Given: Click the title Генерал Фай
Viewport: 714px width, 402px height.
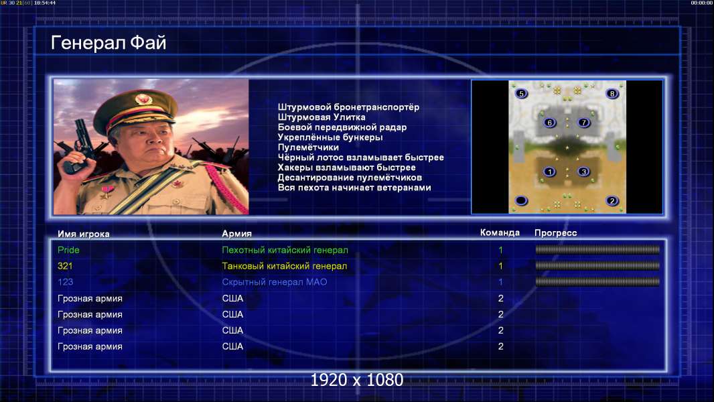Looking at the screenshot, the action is [x=109, y=43].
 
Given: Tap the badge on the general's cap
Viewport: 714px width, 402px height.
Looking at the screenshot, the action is [x=143, y=99].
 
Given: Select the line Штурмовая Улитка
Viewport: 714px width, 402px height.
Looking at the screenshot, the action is [x=322, y=117].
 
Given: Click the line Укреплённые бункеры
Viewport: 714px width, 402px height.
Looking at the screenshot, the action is [x=330, y=137].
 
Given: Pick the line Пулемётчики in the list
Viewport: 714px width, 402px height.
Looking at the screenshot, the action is [x=308, y=147].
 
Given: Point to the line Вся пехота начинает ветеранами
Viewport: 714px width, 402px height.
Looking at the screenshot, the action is [x=354, y=188].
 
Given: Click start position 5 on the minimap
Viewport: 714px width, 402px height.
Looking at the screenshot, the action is [x=521, y=94].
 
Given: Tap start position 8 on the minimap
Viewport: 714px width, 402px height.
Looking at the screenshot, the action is [x=612, y=94].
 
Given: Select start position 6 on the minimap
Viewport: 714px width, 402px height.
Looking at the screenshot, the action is [x=550, y=123].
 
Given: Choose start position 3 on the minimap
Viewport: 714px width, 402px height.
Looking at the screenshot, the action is [x=583, y=172].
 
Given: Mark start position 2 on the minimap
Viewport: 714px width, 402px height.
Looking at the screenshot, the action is [x=612, y=201].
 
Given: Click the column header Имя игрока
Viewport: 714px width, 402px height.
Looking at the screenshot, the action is [x=83, y=234].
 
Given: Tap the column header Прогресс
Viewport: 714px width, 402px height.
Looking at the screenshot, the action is [x=555, y=233].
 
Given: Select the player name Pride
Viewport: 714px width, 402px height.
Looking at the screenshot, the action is [x=68, y=250].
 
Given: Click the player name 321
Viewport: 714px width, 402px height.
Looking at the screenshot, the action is [x=65, y=266].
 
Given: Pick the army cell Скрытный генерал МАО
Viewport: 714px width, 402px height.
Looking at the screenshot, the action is [x=275, y=282].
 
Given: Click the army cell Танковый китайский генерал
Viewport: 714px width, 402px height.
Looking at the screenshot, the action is [x=285, y=266].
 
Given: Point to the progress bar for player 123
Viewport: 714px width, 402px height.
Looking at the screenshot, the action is [x=597, y=282].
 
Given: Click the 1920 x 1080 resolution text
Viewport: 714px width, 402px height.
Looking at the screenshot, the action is [x=357, y=380].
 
